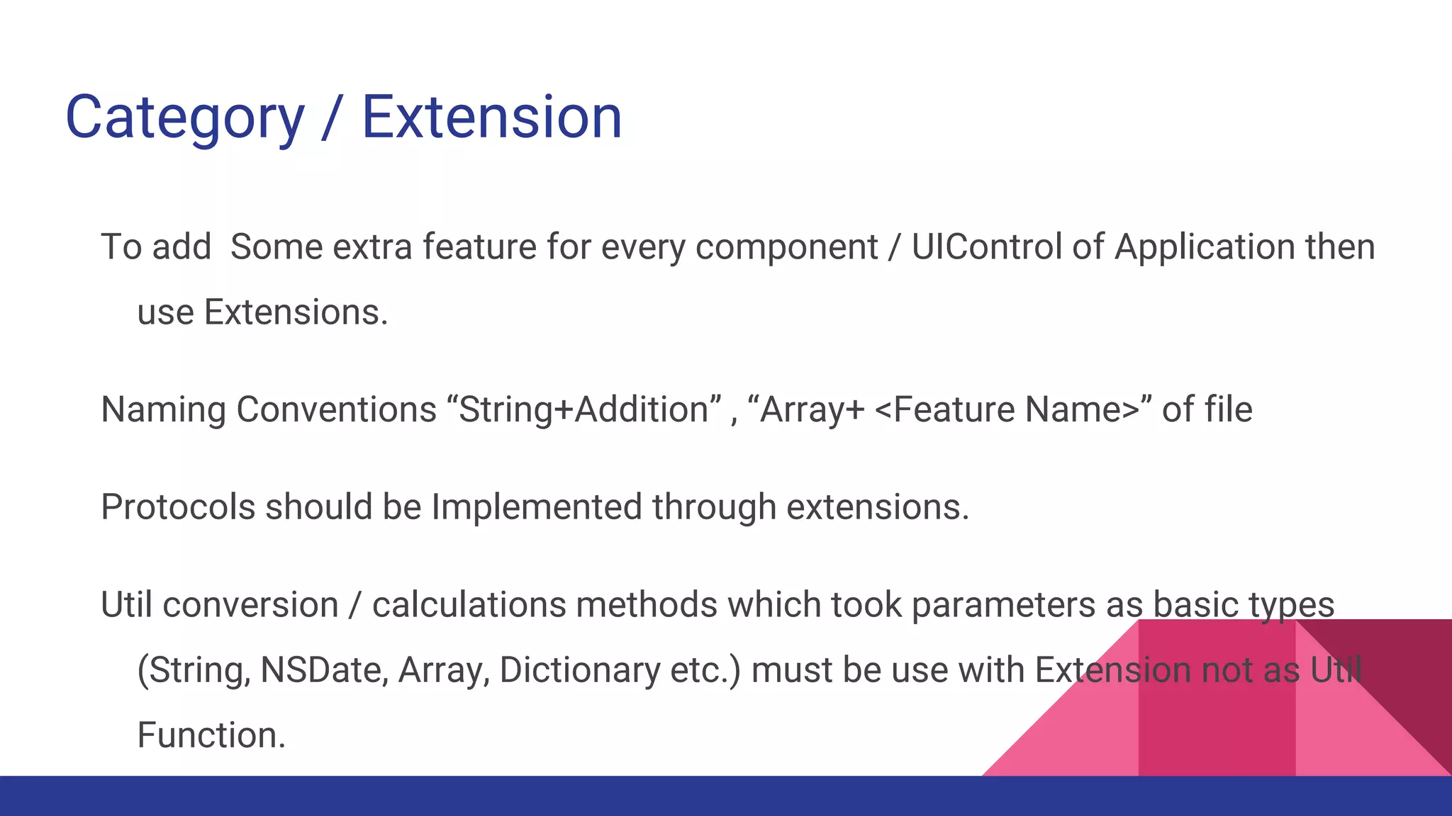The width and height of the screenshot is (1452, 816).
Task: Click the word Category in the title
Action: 184,118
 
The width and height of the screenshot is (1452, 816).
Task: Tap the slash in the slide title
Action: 331,118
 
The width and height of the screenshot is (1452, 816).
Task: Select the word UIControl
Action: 986,247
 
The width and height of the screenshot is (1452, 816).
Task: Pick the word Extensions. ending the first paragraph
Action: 296,312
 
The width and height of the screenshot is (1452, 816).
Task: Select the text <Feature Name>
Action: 1007,409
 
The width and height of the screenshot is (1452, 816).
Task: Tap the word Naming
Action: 163,409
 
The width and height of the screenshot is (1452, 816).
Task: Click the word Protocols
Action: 177,507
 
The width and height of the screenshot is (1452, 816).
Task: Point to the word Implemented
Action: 537,507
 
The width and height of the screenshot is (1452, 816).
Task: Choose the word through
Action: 714,507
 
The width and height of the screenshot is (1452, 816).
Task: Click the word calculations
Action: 469,605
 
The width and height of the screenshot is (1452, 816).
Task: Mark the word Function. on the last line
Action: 211,735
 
